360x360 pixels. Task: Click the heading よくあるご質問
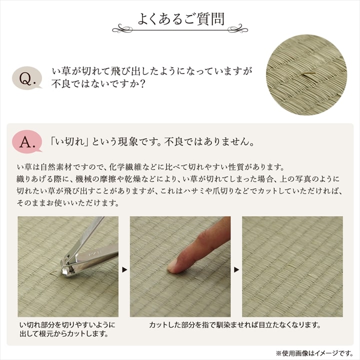181,18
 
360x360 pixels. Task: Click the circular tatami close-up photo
305,76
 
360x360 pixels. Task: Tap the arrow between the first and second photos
124,269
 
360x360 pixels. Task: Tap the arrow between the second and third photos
236,269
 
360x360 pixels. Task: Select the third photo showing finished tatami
292,266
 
